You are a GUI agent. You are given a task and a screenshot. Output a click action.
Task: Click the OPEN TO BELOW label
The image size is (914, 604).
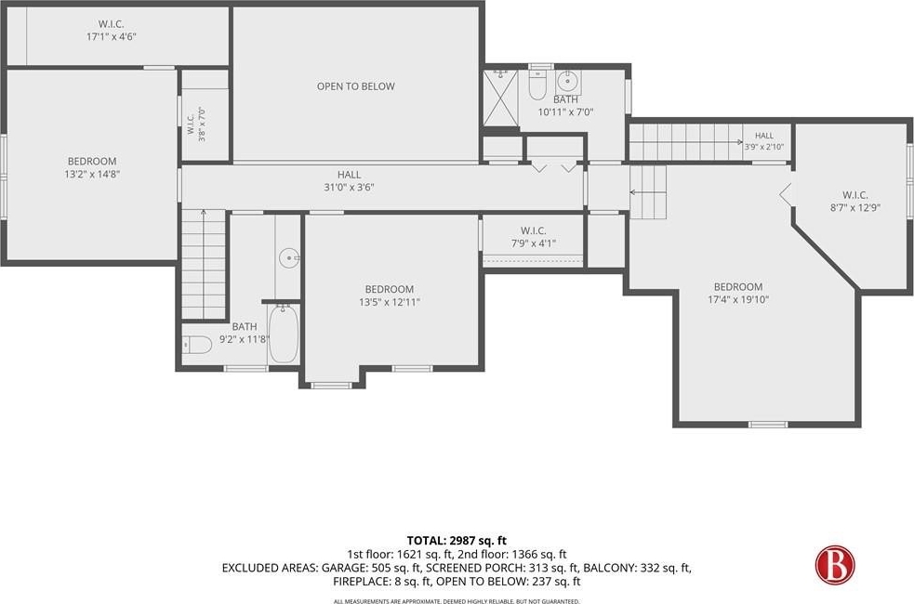(355, 86)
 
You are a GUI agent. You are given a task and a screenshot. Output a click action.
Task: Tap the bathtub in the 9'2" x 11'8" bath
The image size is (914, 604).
(284, 334)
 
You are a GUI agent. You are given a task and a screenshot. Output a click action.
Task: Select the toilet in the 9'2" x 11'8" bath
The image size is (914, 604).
(196, 346)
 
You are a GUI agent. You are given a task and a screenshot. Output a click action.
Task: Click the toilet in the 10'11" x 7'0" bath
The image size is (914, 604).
(536, 85)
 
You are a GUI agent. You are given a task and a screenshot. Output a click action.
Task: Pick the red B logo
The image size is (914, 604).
(835, 564)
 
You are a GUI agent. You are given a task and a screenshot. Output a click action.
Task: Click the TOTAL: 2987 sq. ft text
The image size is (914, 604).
(457, 541)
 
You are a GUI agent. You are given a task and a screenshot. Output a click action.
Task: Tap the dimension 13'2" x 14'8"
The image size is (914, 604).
(92, 174)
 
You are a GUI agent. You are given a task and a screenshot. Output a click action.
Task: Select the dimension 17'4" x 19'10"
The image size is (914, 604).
(738, 299)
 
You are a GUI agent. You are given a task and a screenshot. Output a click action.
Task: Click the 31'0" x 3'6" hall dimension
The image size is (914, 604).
(350, 187)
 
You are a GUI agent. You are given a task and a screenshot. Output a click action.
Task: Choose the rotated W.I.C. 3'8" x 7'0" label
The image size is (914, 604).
(196, 125)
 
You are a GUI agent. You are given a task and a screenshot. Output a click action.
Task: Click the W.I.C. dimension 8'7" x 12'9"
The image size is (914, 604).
(855, 207)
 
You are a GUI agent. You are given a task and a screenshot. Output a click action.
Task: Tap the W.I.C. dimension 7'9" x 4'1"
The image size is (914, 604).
(534, 243)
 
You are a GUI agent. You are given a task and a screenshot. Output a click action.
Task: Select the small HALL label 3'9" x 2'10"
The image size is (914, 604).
(764, 141)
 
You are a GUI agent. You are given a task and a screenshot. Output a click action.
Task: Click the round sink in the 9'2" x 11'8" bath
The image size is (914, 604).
(288, 256)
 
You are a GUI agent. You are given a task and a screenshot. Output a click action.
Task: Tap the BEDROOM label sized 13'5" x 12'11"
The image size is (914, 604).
(390, 289)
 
